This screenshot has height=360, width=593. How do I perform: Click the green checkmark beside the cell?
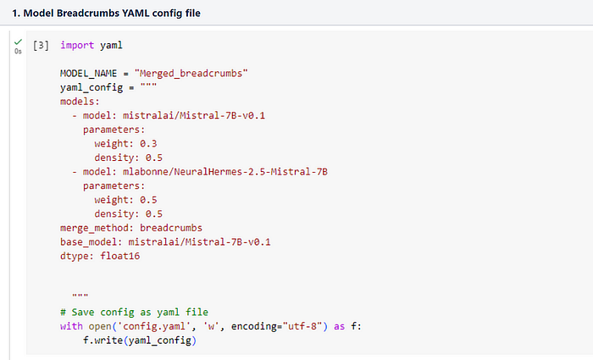19,41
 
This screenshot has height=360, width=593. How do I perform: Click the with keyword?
71,326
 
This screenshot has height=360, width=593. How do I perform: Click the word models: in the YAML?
80,101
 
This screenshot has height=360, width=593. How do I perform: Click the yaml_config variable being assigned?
94,87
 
